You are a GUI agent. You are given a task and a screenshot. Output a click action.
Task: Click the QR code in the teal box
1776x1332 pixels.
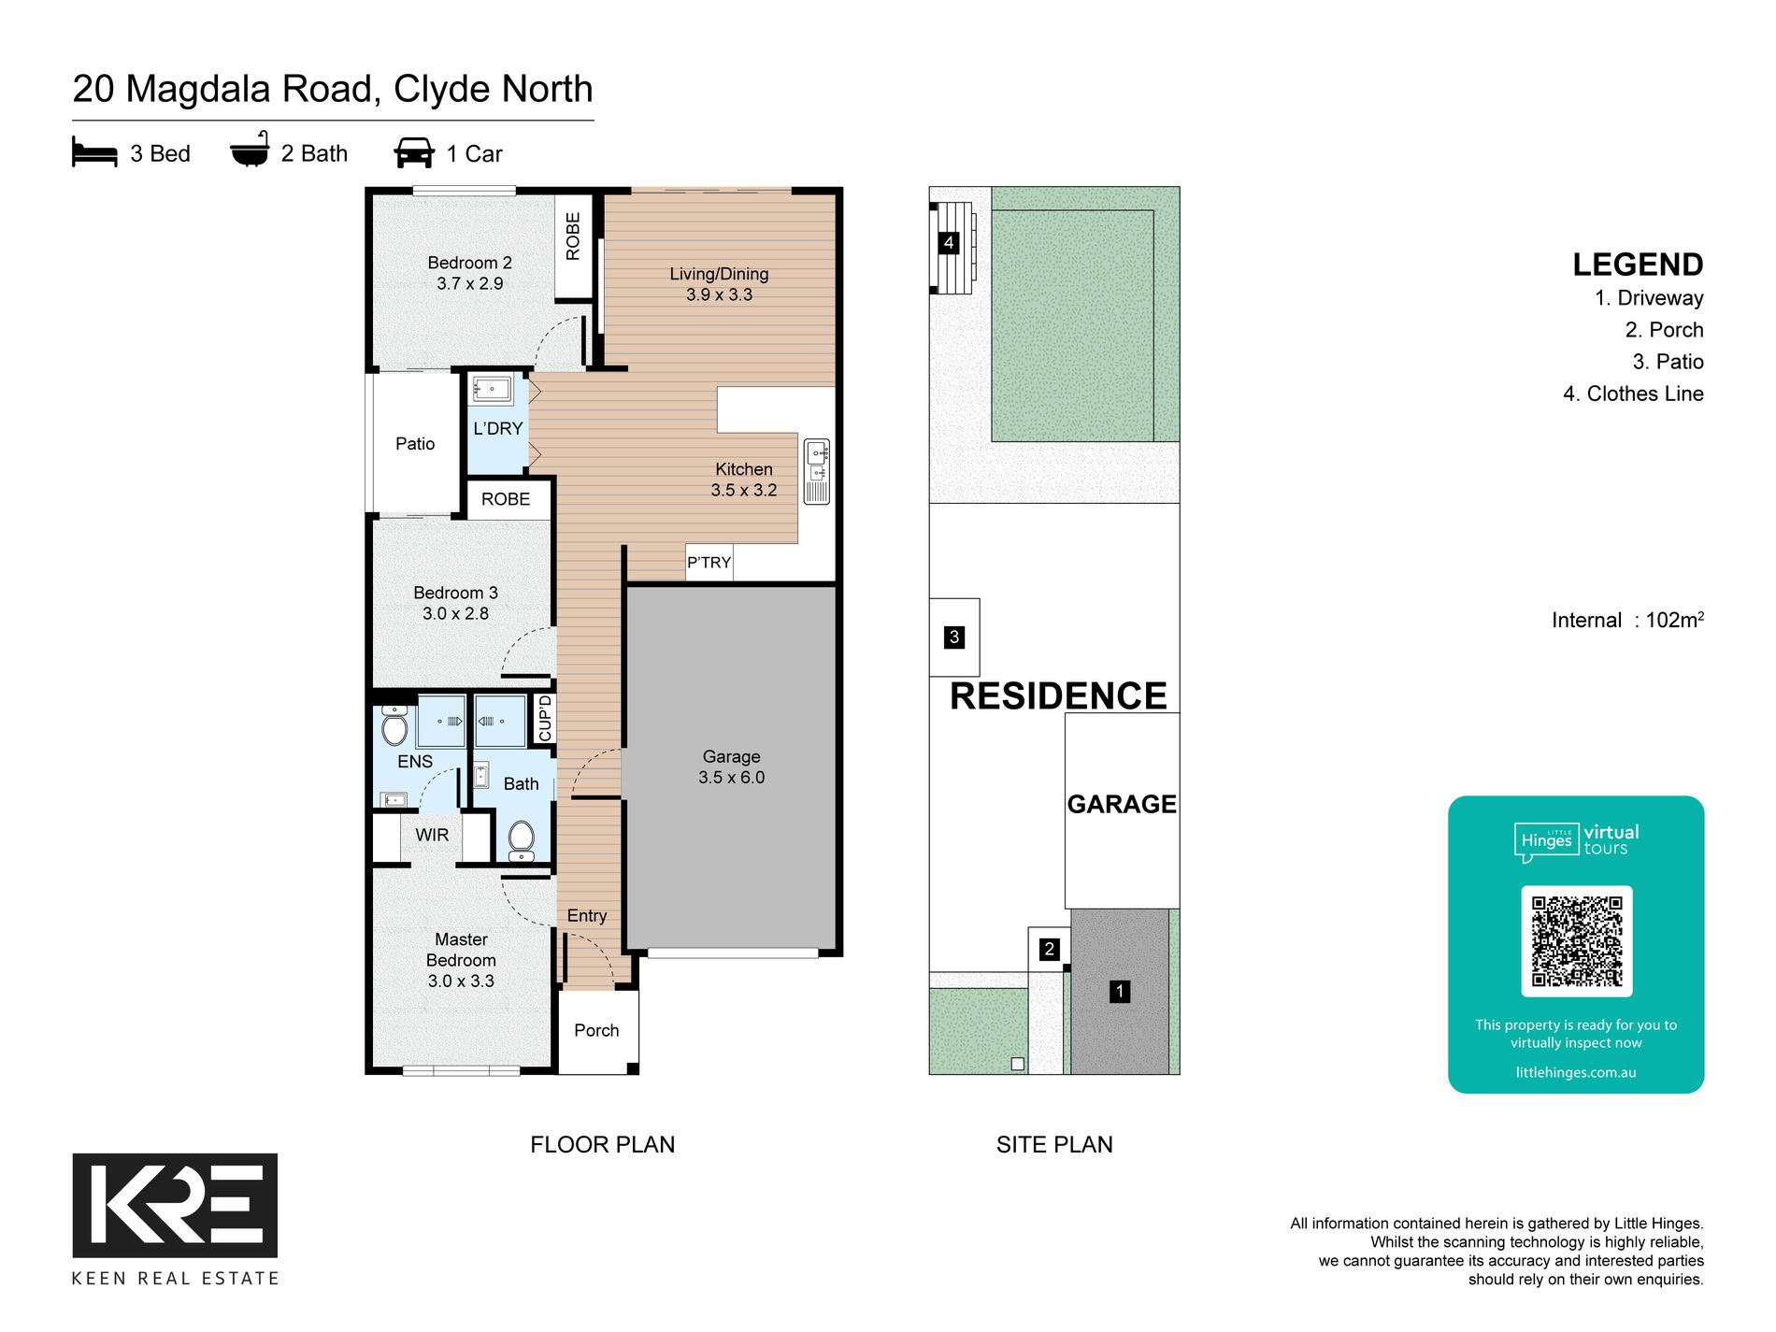pyautogui.click(x=1576, y=940)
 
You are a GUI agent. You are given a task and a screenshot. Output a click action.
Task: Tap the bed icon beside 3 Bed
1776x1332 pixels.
pyautogui.click(x=94, y=152)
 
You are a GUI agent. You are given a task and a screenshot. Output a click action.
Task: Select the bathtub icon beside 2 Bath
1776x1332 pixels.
pyautogui.click(x=250, y=150)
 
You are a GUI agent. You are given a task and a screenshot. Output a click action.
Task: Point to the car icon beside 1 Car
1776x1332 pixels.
pyautogui.click(x=414, y=152)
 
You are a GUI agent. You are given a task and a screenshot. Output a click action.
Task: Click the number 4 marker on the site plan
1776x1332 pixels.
pyautogui.click(x=949, y=243)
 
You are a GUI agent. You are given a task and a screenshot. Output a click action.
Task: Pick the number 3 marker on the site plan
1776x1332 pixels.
pyautogui.click(x=953, y=637)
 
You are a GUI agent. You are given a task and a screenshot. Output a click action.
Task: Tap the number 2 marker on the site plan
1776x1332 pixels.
pyautogui.click(x=1049, y=950)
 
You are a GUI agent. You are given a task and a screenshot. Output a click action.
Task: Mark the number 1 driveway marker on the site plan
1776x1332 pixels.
pyautogui.click(x=1120, y=992)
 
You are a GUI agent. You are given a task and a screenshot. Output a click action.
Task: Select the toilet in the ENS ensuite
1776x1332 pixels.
pyautogui.click(x=394, y=725)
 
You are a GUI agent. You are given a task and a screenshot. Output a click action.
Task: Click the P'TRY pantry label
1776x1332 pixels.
pyautogui.click(x=709, y=563)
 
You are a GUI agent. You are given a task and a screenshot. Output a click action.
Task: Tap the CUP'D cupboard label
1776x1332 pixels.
pyautogui.click(x=545, y=718)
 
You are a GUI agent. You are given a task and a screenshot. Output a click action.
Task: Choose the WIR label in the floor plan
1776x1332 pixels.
pyautogui.click(x=432, y=835)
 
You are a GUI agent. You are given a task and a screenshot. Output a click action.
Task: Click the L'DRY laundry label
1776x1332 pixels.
pyautogui.click(x=497, y=429)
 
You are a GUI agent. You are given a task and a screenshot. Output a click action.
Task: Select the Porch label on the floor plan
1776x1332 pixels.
pyautogui.click(x=596, y=1030)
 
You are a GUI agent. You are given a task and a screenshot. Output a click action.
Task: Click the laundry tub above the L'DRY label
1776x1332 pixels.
pyautogui.click(x=492, y=390)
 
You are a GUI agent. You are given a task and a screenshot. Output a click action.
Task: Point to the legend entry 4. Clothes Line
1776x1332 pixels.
pyautogui.click(x=1633, y=394)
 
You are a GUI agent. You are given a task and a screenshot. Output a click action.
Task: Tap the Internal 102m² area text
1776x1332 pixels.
pyautogui.click(x=1627, y=620)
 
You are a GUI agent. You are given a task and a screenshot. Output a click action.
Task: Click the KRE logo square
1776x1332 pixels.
pyautogui.click(x=175, y=1205)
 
